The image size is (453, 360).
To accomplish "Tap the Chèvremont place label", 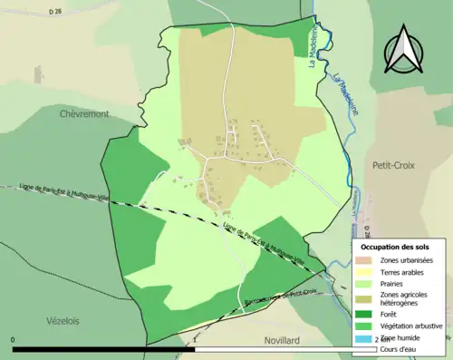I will [84, 114].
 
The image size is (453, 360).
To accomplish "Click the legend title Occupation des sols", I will [395, 247].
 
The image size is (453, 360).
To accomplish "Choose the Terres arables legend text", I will [405, 272].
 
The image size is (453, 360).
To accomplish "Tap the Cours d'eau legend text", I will [402, 348].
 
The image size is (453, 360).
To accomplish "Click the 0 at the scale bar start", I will [14, 340].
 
